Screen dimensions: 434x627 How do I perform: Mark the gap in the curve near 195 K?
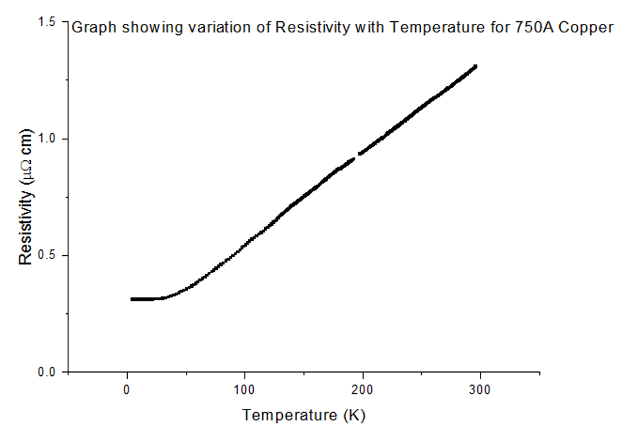tap(357, 156)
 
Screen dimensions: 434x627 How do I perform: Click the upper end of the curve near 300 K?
tap(475, 67)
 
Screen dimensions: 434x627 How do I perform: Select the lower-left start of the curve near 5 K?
tap(132, 299)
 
